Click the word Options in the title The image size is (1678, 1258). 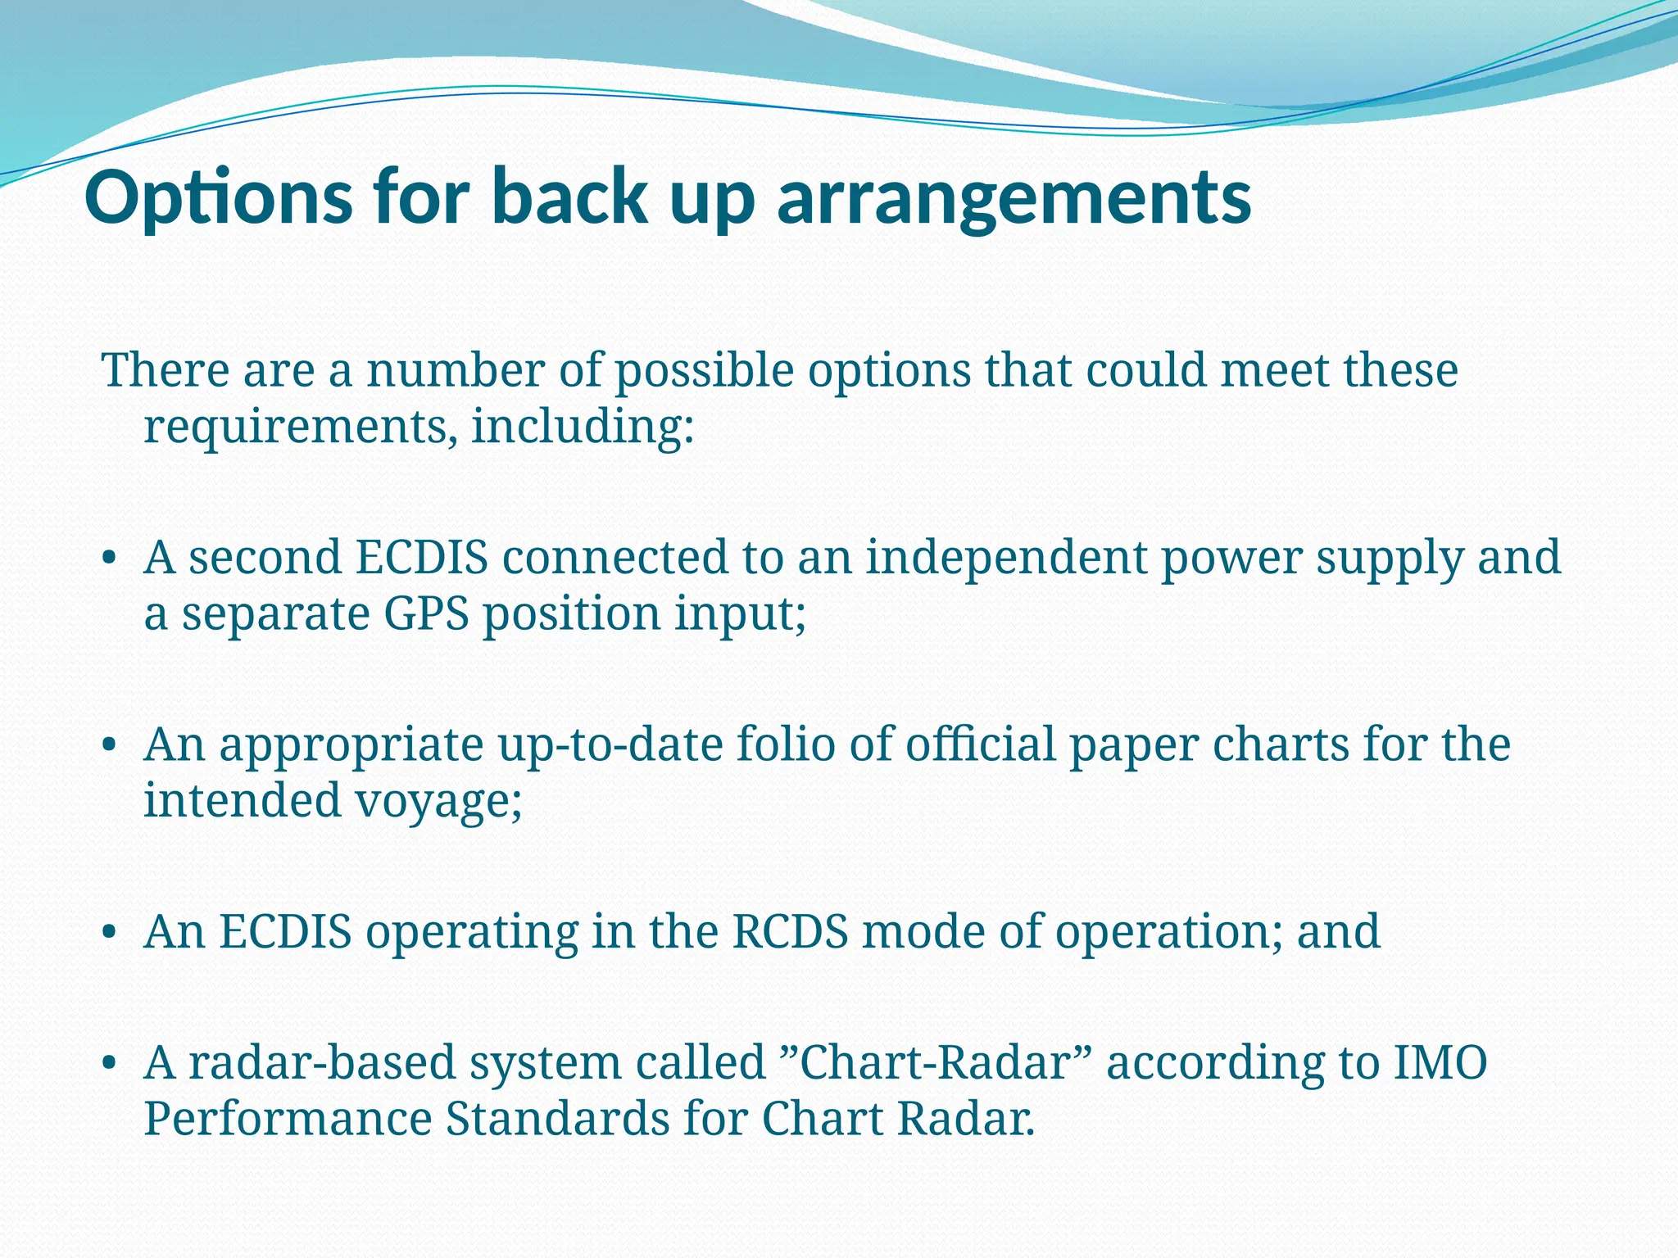[218, 198]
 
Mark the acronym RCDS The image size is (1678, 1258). [790, 932]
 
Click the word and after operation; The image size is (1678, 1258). [1339, 932]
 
